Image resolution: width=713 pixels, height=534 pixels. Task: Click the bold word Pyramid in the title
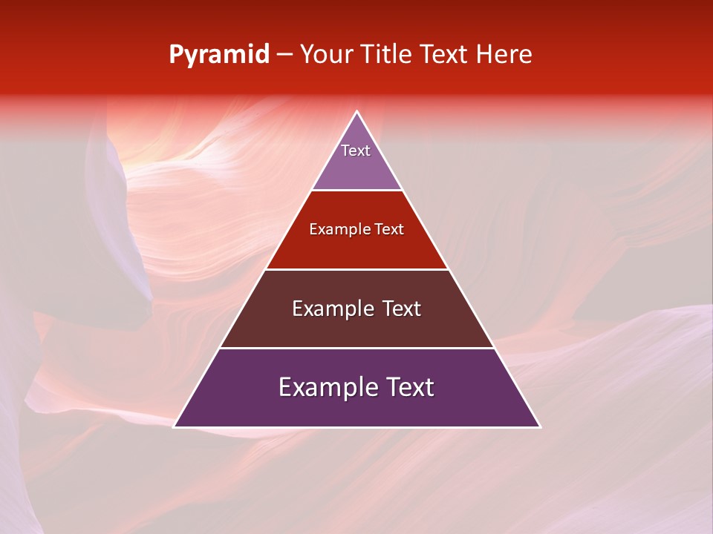[x=219, y=55]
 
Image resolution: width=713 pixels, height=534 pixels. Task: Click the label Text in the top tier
[x=356, y=151]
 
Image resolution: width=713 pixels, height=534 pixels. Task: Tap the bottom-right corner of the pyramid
[x=539, y=426]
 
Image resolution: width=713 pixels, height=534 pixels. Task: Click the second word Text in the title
[x=446, y=55]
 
